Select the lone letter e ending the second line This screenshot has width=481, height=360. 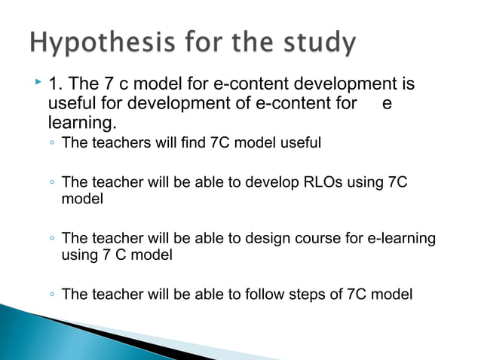point(387,102)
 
